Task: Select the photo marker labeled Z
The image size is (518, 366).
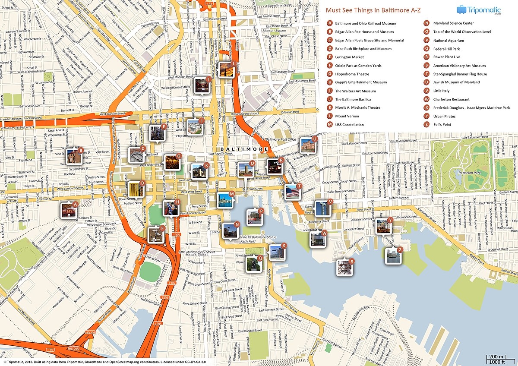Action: click(393, 256)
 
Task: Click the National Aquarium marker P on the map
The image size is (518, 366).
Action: click(254, 216)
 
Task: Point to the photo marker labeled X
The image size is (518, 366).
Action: click(344, 267)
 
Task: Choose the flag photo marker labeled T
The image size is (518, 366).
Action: click(292, 192)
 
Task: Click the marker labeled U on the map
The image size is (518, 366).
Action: click(307, 145)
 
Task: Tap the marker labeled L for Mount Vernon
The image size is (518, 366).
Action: click(226, 69)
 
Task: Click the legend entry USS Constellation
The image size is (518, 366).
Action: click(351, 125)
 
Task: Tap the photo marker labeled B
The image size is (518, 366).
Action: click(74, 156)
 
